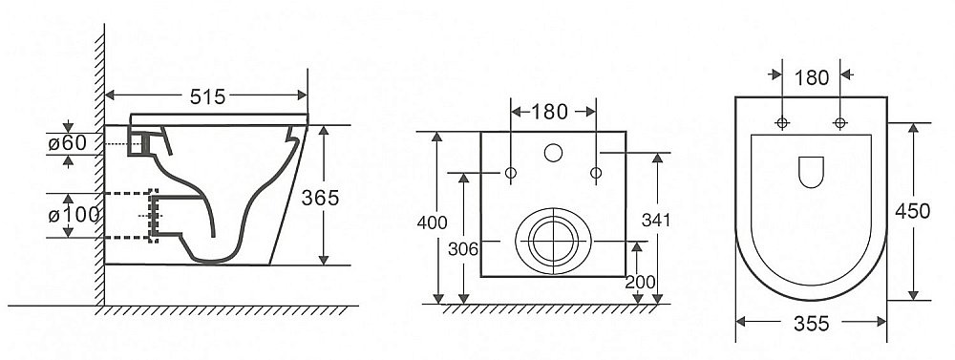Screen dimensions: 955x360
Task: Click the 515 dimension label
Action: (207, 96)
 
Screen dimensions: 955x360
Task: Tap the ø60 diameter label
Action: (68, 144)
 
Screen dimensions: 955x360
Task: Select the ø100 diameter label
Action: (74, 215)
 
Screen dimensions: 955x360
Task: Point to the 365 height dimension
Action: (320, 198)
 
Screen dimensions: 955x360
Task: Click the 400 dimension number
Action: (432, 222)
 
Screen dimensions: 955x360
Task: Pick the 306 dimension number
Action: (463, 248)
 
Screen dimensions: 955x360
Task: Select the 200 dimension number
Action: (640, 282)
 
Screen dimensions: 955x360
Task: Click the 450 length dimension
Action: (912, 211)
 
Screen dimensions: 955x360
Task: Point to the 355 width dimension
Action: (811, 324)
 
